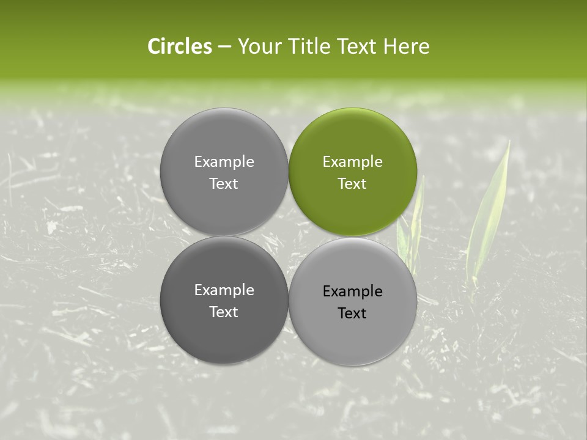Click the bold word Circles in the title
[x=180, y=46]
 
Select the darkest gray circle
[x=224, y=300]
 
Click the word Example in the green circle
[x=352, y=162]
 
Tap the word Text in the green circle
[x=352, y=184]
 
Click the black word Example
[x=352, y=291]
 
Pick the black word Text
[x=352, y=313]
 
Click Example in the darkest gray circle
[x=224, y=290]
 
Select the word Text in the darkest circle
[x=224, y=312]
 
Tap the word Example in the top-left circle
[x=224, y=162]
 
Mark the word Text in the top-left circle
[x=224, y=184]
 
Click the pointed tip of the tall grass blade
[x=508, y=142]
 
